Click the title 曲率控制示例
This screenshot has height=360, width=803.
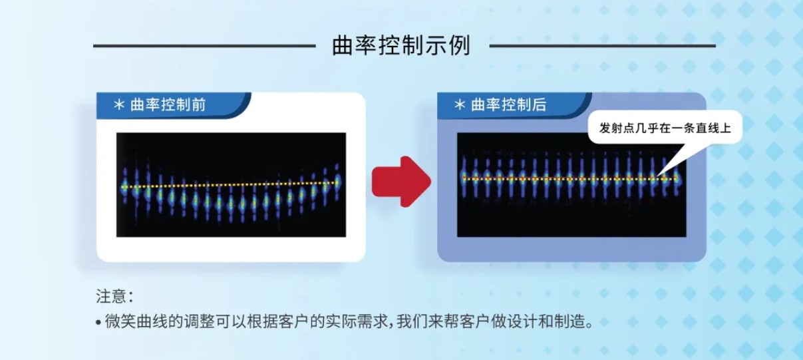pos(401,45)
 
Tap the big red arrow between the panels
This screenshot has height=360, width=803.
pos(401,182)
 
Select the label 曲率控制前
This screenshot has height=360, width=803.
pos(168,104)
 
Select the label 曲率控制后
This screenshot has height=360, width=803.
pos(509,104)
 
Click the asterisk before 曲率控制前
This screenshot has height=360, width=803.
pos(119,105)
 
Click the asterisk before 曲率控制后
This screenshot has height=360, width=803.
pos(460,105)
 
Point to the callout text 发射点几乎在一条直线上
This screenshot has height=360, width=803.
pos(665,128)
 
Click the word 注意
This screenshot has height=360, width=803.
pos(111,296)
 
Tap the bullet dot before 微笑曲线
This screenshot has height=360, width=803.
pos(98,322)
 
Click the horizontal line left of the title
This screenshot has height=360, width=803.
pos(204,46)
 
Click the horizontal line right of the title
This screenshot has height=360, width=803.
pos(603,46)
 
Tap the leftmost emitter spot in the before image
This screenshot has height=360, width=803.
pos(124,187)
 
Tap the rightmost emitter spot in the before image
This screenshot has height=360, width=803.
pos(337,182)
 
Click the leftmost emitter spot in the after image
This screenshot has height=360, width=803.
pos(464,178)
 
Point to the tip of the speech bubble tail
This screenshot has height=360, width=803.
pos(659,176)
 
